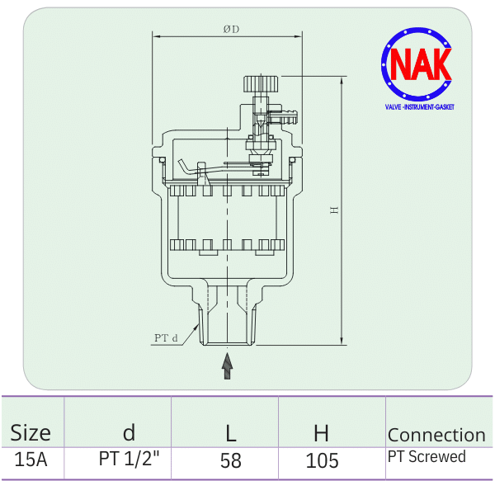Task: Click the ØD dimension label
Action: click(230, 30)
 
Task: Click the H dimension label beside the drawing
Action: click(334, 210)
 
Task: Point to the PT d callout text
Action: click(166, 337)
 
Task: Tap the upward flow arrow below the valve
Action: click(228, 365)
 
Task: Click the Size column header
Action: click(31, 433)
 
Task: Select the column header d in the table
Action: click(128, 432)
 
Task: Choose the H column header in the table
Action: click(321, 432)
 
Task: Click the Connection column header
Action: click(436, 435)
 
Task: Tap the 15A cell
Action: click(31, 460)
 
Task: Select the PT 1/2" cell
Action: click(128, 460)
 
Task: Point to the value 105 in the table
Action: click(322, 460)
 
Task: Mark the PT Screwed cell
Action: click(427, 457)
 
